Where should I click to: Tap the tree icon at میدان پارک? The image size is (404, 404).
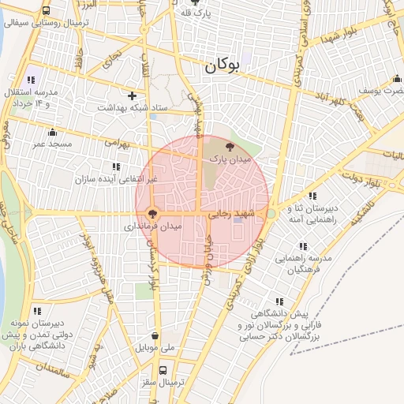point(230,147)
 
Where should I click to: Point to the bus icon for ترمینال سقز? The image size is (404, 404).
point(163,370)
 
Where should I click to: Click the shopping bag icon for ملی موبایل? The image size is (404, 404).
point(155,335)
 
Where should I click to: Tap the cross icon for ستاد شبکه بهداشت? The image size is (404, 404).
point(133,95)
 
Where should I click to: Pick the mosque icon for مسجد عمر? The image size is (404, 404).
point(52,132)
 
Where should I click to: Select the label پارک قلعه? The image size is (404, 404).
point(196,13)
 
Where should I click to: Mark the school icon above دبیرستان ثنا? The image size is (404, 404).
point(312,196)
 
